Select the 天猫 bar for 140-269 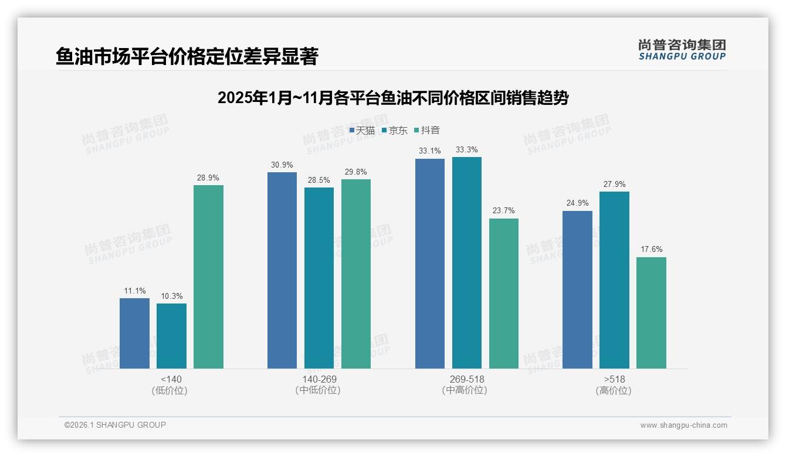coord(282,270)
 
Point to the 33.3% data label coord(466,150)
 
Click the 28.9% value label coord(208,178)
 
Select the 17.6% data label coord(651,250)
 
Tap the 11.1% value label coord(135,291)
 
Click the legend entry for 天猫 coord(362,131)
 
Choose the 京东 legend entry coord(394,131)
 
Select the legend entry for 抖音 coord(426,131)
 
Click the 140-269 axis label coord(319,379)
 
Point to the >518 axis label coord(614,379)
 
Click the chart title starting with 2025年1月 coord(392,98)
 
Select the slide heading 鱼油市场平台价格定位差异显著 coord(187,57)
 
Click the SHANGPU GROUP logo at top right coord(682,50)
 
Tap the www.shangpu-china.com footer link coord(683,425)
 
